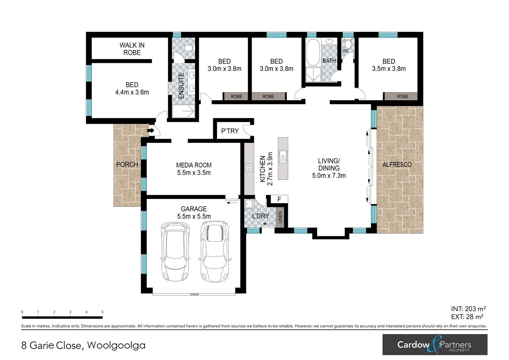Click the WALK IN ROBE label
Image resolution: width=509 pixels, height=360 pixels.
(132, 49)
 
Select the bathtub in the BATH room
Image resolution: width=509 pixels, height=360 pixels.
(313, 53)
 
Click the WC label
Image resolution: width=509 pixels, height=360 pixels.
(345, 51)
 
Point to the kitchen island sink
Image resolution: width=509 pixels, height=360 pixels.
(283, 157)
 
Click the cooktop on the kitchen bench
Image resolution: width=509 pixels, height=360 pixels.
(249, 168)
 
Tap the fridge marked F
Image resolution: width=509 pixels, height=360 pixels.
(279, 199)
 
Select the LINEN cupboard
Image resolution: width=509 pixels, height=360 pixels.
(280, 217)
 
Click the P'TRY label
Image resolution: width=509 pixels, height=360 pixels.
(230, 131)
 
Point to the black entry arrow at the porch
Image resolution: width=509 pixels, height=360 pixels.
(151, 131)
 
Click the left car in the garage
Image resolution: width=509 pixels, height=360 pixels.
(175, 252)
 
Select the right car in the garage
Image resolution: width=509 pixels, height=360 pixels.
(215, 251)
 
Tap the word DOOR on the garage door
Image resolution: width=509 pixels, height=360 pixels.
(194, 294)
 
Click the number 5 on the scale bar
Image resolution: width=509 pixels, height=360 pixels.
(102, 312)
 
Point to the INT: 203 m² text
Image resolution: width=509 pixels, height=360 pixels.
(468, 309)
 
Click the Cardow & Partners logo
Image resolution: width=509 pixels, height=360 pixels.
(435, 344)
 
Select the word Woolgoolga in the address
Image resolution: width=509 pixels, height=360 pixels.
(116, 345)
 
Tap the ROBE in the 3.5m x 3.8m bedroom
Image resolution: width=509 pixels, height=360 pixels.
(403, 96)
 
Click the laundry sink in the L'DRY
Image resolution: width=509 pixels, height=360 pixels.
(249, 204)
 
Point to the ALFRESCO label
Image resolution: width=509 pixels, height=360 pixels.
(397, 165)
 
